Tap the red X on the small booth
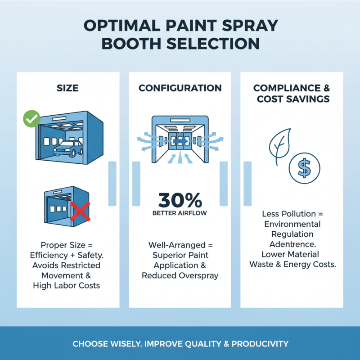pyautogui.click(x=80, y=211)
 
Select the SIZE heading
pyautogui.click(x=67, y=88)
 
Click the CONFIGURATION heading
pyautogui.click(x=180, y=88)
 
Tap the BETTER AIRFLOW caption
pyautogui.click(x=180, y=213)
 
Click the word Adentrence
pyautogui.click(x=292, y=244)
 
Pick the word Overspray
pyautogui.click(x=198, y=275)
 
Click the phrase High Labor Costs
pyautogui.click(x=67, y=285)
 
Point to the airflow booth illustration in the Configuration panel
pyautogui.click(x=180, y=137)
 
